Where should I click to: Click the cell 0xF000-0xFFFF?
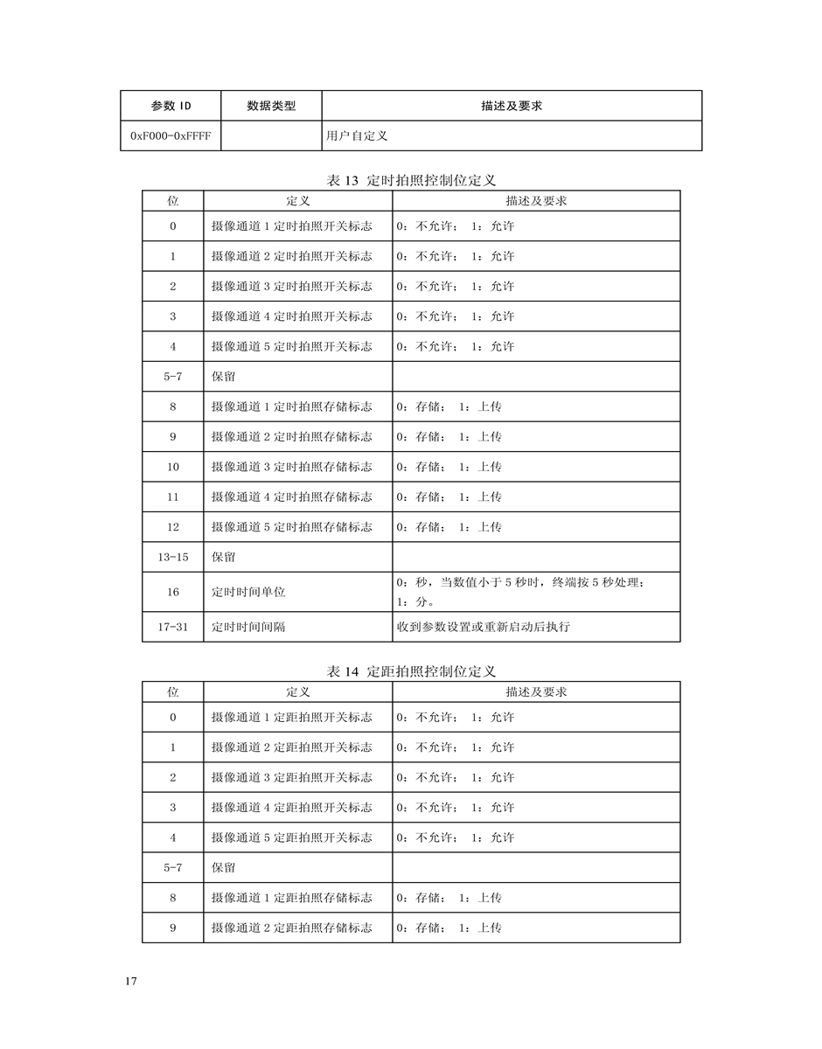(171, 135)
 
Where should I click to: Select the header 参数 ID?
(171, 106)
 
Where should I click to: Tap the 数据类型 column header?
(271, 106)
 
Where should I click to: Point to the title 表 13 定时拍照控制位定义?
(411, 180)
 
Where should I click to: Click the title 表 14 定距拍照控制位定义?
(411, 671)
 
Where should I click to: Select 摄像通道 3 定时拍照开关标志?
(291, 286)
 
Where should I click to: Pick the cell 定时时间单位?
(248, 592)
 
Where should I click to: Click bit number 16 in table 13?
(173, 592)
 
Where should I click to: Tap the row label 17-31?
(173, 627)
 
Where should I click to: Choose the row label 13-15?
(173, 557)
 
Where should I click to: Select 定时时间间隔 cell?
(248, 627)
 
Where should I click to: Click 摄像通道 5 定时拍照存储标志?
(291, 527)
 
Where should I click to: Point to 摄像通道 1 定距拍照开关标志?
(291, 717)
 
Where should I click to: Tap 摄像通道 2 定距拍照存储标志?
(291, 927)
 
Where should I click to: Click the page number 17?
(131, 982)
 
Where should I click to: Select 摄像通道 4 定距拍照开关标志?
(291, 807)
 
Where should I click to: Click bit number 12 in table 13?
(173, 527)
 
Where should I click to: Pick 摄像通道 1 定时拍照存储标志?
(291, 406)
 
